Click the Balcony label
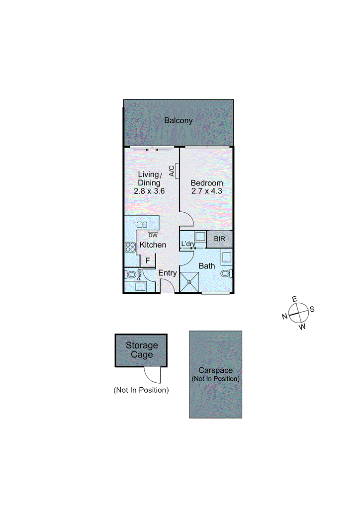pyautogui.click(x=178, y=120)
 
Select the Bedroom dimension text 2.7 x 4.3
pyautogui.click(x=207, y=191)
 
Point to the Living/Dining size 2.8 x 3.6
pyautogui.click(x=149, y=191)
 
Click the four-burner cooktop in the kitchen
pyautogui.click(x=131, y=247)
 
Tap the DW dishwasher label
pyautogui.click(x=153, y=235)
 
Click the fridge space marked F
pyautogui.click(x=148, y=260)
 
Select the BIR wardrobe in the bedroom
pyautogui.click(x=219, y=239)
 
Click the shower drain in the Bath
pyautogui.click(x=189, y=282)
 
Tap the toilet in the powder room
pyautogui.click(x=131, y=274)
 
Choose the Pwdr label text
pyautogui.click(x=140, y=275)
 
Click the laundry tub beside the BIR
pyautogui.click(x=200, y=237)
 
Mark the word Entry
pyautogui.click(x=168, y=273)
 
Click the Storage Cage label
pyautogui.click(x=142, y=350)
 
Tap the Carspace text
pyautogui.click(x=215, y=370)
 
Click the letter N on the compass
pyautogui.click(x=284, y=316)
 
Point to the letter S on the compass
pyautogui.click(x=312, y=309)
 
